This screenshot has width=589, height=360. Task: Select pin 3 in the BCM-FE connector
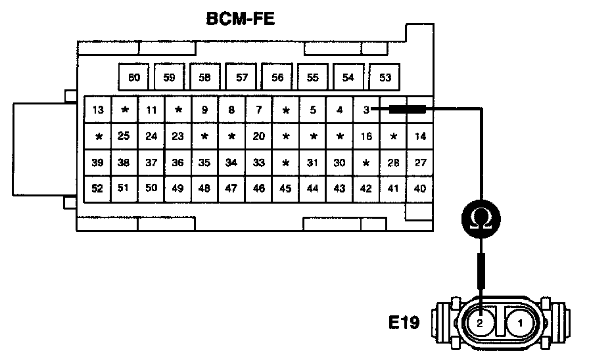(x=365, y=110)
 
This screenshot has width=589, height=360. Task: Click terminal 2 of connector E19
(x=480, y=323)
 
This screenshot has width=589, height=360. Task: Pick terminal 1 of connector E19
(x=520, y=323)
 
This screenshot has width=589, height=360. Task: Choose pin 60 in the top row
(x=134, y=78)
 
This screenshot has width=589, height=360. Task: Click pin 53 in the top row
(x=385, y=78)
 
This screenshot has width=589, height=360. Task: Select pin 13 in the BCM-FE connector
(x=98, y=110)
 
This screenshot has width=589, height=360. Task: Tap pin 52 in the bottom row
(x=98, y=189)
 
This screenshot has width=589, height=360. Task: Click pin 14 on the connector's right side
(x=420, y=136)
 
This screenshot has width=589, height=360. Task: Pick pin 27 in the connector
(x=420, y=162)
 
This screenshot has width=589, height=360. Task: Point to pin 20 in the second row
(x=259, y=136)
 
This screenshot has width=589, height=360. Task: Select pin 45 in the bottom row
(x=285, y=189)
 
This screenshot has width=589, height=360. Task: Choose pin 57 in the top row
(x=241, y=78)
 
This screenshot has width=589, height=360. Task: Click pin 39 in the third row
(x=98, y=162)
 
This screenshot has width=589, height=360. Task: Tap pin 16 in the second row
(x=366, y=136)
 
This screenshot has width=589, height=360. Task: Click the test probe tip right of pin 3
(x=408, y=110)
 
